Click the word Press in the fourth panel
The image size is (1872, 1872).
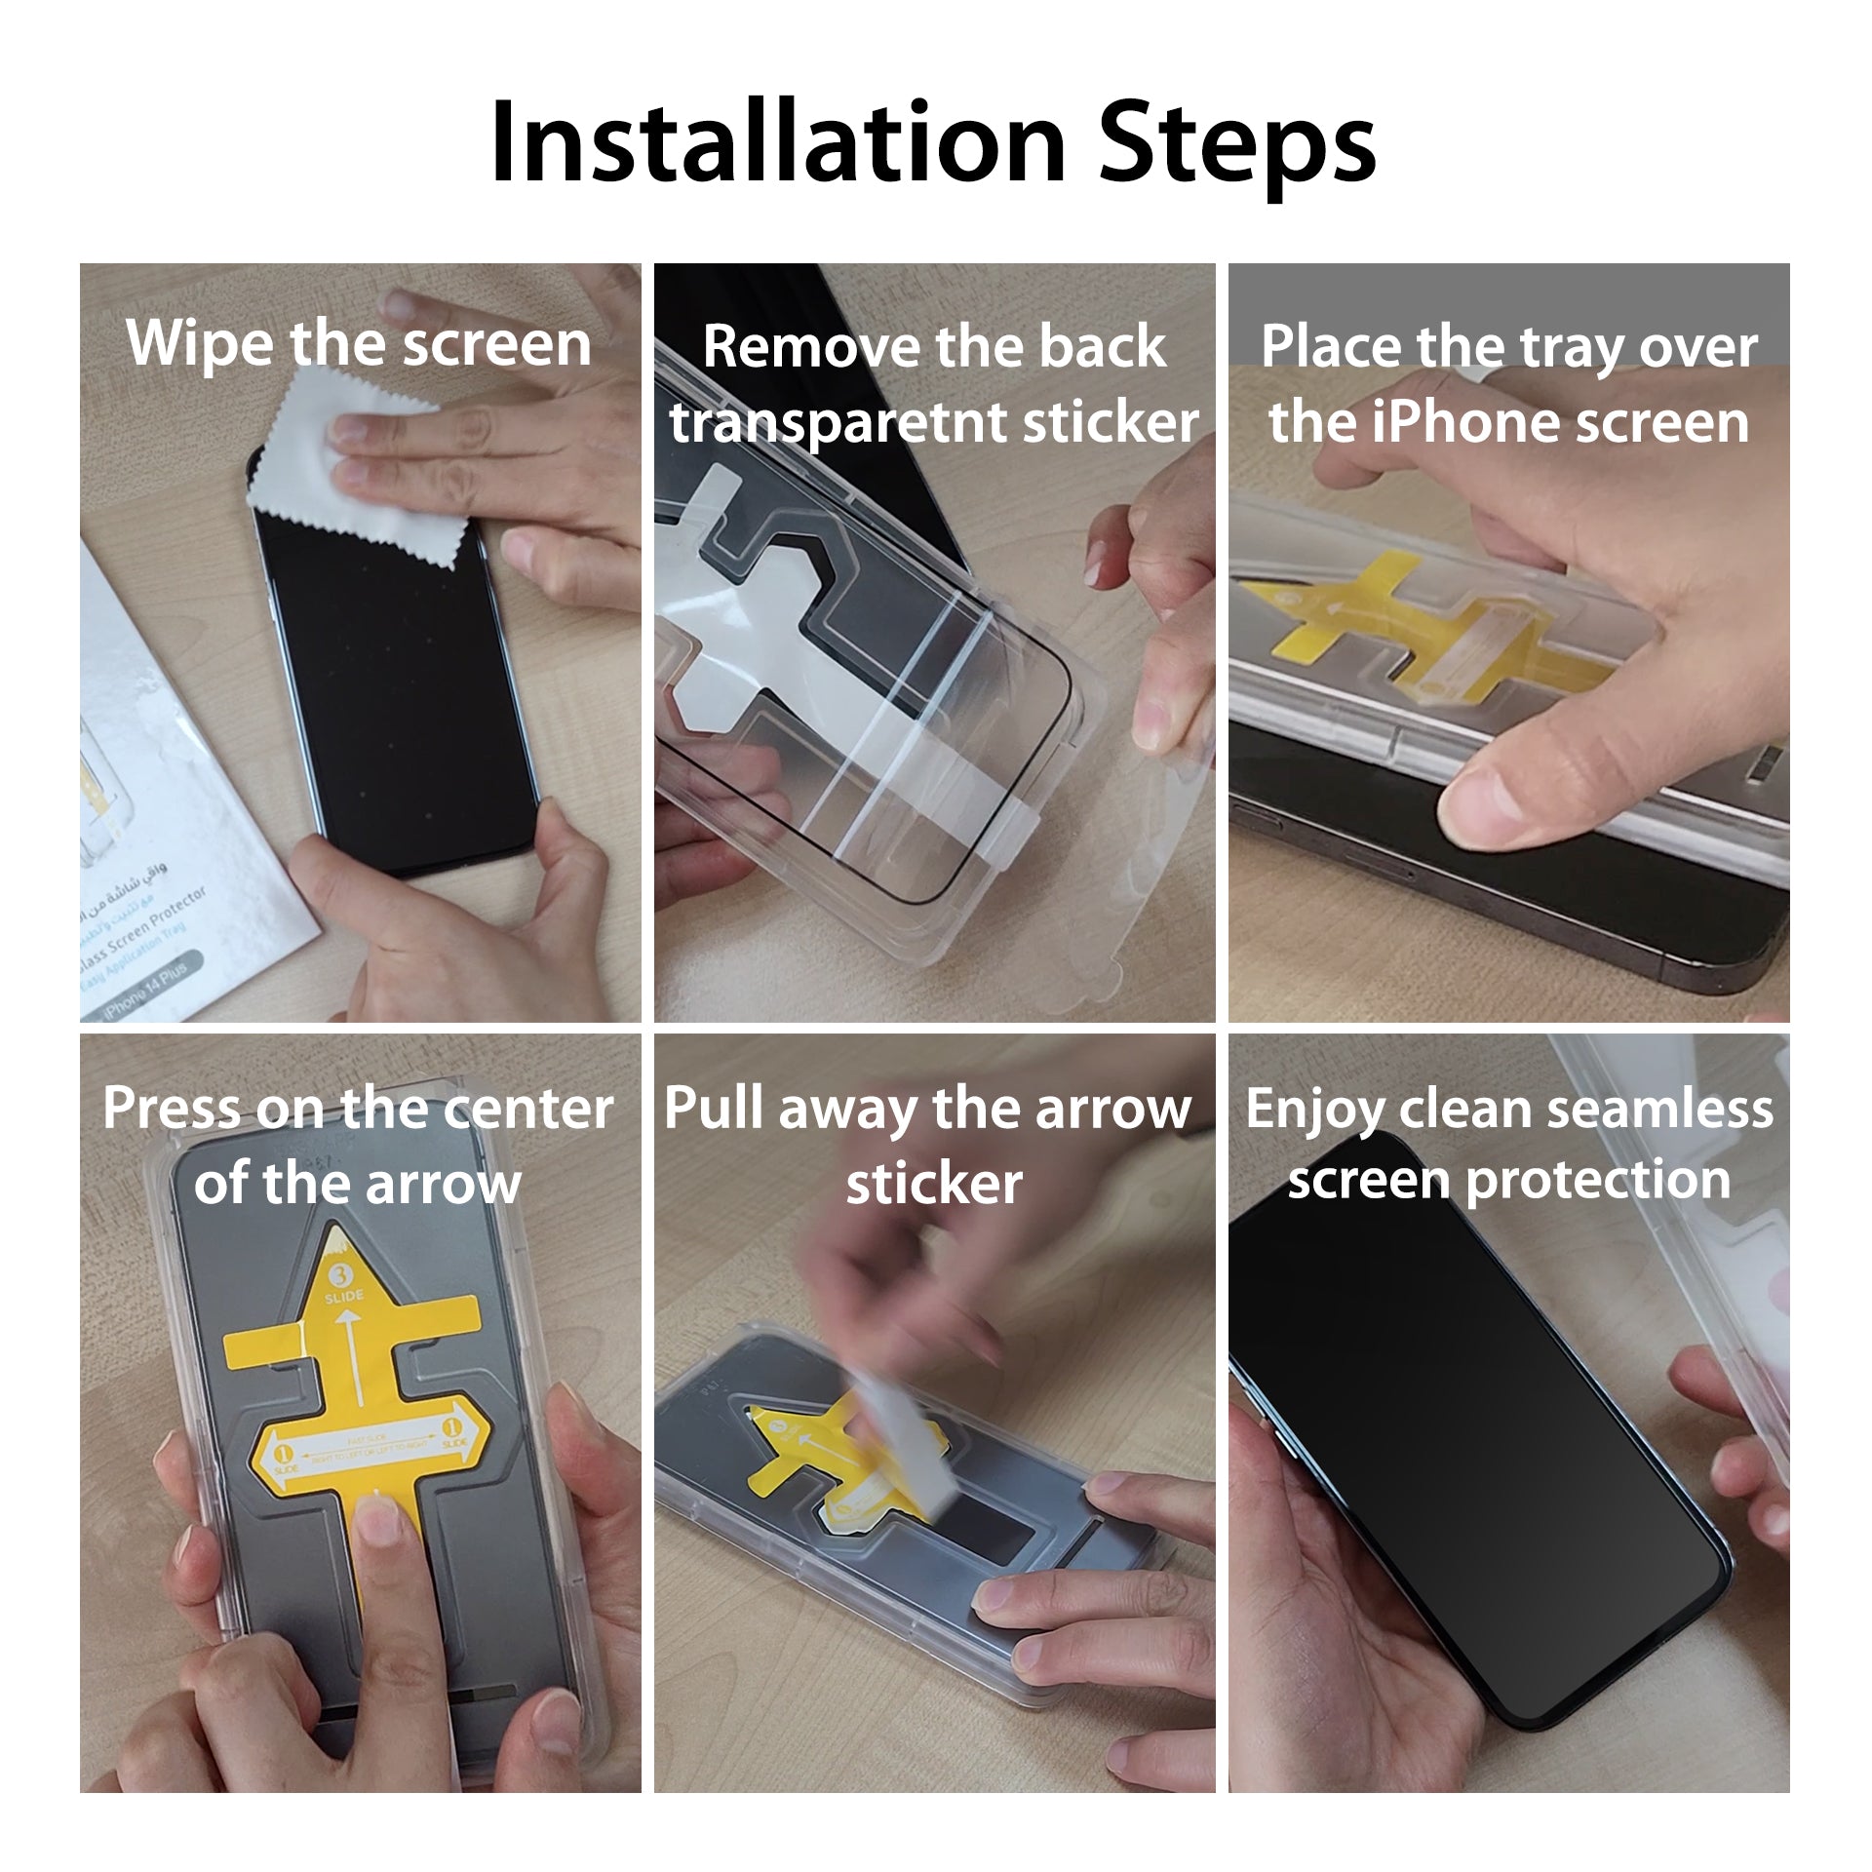(x=172, y=1109)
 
